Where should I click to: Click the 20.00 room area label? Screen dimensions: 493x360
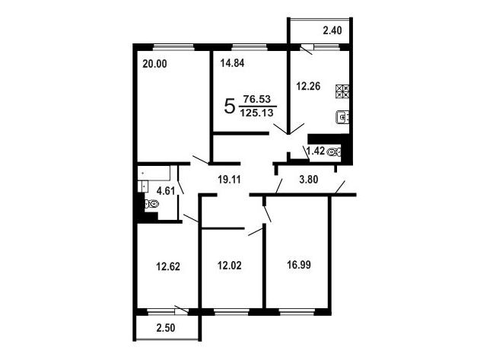tap(154, 64)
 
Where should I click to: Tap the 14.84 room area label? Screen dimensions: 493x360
tap(232, 63)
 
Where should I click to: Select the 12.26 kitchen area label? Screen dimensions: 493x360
tap(308, 86)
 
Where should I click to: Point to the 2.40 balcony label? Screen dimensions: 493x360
tap(332, 30)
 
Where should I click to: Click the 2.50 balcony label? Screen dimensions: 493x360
tap(166, 328)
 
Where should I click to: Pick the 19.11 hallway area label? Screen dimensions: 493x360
tap(229, 180)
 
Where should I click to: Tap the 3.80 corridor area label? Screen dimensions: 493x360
tap(309, 180)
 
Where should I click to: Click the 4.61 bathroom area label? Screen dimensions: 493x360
tap(166, 191)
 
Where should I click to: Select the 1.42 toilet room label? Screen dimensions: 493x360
tap(316, 151)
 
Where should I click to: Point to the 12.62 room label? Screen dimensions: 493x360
tap(168, 267)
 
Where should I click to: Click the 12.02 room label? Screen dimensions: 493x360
tap(230, 266)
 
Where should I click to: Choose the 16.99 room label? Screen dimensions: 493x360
tap(299, 265)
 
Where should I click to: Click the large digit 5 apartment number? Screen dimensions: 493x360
tap(230, 107)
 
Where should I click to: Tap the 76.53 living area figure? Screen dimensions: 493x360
tap(257, 100)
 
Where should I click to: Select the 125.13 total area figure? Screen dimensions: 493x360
tap(257, 113)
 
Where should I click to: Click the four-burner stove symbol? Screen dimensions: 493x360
tap(342, 91)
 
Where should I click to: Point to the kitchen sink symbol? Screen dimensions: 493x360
tap(342, 117)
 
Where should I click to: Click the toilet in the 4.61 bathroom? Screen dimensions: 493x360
tap(151, 205)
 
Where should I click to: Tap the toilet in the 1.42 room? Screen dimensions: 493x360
tap(334, 152)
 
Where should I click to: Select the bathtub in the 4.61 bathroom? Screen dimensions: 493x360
tap(154, 173)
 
